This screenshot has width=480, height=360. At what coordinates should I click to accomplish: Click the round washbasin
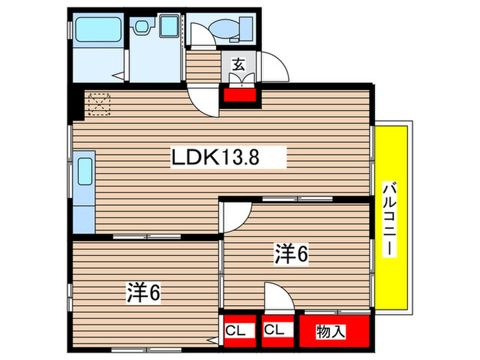point(142,27)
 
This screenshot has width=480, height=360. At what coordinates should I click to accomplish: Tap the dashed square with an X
point(99,104)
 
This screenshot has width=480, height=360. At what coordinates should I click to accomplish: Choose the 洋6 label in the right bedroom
point(291,254)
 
